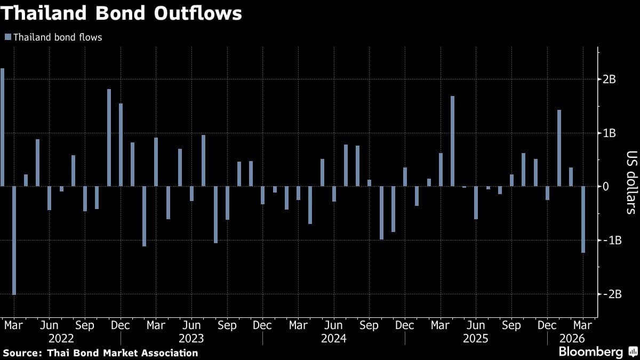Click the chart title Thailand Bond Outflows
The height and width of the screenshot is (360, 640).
[121, 13]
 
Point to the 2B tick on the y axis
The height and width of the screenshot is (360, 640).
[610, 79]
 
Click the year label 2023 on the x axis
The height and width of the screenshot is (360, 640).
[191, 339]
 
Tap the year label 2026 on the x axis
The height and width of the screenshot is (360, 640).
[572, 339]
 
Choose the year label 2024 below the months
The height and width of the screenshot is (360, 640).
[334, 339]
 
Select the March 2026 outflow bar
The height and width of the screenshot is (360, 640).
[583, 219]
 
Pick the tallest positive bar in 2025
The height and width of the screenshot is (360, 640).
[452, 141]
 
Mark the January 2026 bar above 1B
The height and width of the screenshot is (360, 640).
[559, 148]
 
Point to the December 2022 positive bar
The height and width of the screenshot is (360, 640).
[121, 145]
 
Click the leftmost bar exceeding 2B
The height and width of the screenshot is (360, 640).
[2, 127]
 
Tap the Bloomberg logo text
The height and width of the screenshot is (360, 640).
[590, 352]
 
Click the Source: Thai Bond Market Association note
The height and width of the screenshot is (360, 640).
[100, 353]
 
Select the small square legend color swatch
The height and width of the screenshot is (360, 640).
[7, 37]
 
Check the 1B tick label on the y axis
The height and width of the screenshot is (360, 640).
[610, 133]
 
